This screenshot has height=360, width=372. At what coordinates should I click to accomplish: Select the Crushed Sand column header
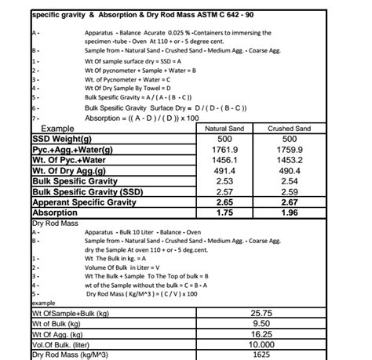[x=289, y=129]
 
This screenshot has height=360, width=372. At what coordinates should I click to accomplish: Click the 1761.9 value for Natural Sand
[x=226, y=149]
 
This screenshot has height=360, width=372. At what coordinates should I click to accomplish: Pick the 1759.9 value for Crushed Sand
[x=289, y=149]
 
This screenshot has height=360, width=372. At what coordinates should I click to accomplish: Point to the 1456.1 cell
[x=226, y=160]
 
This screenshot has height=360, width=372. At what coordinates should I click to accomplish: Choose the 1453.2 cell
[x=289, y=160]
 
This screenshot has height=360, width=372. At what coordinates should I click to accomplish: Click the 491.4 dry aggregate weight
[x=226, y=170]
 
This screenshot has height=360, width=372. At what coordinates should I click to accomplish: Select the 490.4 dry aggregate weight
[x=289, y=170]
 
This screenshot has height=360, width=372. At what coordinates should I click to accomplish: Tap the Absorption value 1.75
[x=226, y=213]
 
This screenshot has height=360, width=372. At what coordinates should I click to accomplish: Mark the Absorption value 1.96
[x=289, y=213]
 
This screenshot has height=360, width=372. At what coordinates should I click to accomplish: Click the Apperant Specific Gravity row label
[x=84, y=202]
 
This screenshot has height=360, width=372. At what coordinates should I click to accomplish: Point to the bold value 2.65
[x=226, y=202]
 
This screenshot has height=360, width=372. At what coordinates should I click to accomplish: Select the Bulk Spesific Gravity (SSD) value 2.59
[x=289, y=191]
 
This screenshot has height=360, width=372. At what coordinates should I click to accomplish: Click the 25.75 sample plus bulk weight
[x=261, y=313]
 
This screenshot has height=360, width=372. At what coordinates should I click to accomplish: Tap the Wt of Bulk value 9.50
[x=261, y=323]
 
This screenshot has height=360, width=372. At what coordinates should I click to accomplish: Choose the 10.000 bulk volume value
[x=261, y=344]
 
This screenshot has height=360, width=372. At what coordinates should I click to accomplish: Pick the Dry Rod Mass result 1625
[x=261, y=355]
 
